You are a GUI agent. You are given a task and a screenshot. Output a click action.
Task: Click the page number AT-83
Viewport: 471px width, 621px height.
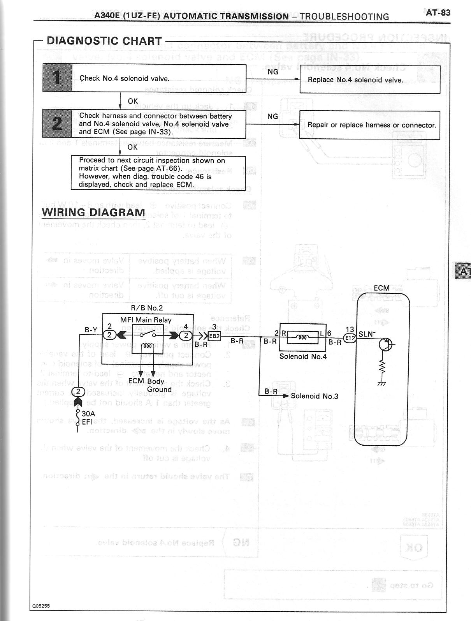(x=438, y=12)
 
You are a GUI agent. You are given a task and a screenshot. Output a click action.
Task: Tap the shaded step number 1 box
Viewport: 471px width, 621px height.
(x=57, y=78)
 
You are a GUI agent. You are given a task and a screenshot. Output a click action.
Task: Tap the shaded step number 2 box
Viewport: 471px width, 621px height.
(x=57, y=123)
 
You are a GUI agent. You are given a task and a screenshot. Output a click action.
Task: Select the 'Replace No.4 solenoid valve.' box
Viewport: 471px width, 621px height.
(x=369, y=80)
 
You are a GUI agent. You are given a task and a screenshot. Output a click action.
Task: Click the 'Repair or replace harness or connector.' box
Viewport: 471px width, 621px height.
(x=369, y=125)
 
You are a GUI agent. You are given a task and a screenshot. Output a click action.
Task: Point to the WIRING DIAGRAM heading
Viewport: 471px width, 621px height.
(x=93, y=213)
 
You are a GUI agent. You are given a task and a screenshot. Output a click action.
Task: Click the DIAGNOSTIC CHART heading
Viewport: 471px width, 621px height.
(x=104, y=41)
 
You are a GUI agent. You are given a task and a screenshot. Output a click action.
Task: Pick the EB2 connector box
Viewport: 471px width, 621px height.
(x=214, y=336)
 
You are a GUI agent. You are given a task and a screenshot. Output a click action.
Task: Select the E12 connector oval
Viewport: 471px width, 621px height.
(x=350, y=338)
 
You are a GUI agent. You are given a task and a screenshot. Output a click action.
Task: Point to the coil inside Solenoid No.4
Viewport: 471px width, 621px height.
(x=303, y=338)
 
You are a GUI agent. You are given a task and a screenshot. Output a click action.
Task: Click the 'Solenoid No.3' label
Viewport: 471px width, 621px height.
(x=315, y=396)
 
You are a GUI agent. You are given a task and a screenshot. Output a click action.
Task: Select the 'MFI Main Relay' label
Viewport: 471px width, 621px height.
(x=146, y=320)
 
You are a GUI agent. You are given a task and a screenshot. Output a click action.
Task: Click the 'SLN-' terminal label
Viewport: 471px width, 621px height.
(x=367, y=334)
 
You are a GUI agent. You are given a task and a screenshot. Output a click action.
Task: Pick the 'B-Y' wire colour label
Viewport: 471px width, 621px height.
(x=91, y=330)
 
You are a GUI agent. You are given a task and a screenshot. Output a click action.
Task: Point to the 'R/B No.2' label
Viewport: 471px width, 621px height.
(x=147, y=308)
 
